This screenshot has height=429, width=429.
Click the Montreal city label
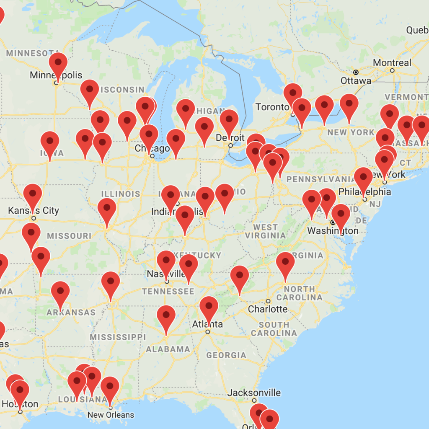pyautogui.click(x=392, y=63)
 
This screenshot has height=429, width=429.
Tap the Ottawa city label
pyautogui.click(x=356, y=80)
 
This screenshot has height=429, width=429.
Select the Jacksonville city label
pyautogui.click(x=254, y=393)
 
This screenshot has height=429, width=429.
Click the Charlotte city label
pyautogui.click(x=268, y=309)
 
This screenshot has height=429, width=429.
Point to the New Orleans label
pyautogui.click(x=111, y=415)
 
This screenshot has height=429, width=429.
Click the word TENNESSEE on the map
pyautogui.click(x=168, y=291)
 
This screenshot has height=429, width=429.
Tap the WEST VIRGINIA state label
pyautogui.click(x=266, y=231)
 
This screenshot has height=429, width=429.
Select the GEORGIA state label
pyautogui.click(x=226, y=355)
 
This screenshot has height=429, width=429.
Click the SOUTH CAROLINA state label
pyautogui.click(x=274, y=329)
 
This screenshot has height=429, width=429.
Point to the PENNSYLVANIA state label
pyautogui.click(x=321, y=179)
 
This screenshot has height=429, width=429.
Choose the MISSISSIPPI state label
pyautogui.click(x=118, y=337)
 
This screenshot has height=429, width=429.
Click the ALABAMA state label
pyautogui.click(x=168, y=349)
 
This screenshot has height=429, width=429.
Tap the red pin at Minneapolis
pyautogui.click(x=58, y=63)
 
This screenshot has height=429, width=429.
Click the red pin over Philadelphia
pyautogui.click(x=363, y=178)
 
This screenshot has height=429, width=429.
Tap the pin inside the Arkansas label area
pyautogui.click(x=60, y=292)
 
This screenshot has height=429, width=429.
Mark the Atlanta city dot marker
pyautogui.click(x=207, y=332)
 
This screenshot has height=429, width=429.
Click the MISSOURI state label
pyautogui.click(x=69, y=236)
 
